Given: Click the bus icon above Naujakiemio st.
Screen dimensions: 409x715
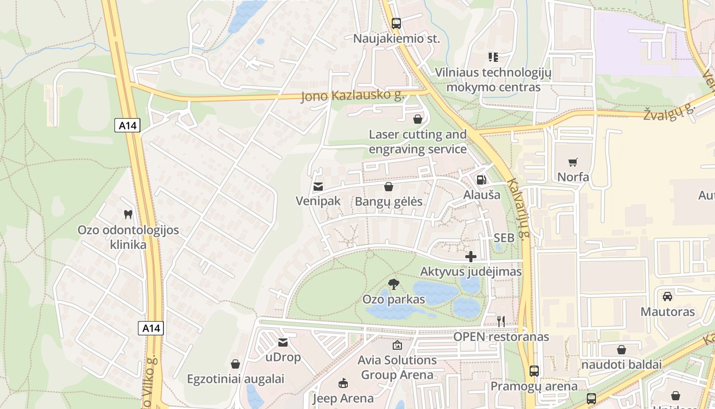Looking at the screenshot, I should click(x=396, y=23).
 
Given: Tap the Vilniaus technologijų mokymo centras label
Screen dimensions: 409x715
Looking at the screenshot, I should click(x=493, y=80).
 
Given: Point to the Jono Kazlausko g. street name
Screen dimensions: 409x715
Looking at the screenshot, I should click(x=352, y=96).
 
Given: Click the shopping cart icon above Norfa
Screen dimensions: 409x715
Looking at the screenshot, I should click(x=573, y=163).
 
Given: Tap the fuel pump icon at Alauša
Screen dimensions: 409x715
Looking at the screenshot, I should click(x=481, y=180).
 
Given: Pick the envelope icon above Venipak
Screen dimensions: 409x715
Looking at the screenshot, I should click(x=318, y=187).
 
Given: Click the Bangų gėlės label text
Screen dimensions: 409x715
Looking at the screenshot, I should click(x=389, y=201).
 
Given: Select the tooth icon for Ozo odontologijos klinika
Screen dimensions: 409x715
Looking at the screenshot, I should click(x=128, y=215).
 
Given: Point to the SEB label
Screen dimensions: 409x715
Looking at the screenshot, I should click(x=504, y=238).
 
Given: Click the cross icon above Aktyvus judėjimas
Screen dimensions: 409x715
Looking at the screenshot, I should click(x=471, y=257).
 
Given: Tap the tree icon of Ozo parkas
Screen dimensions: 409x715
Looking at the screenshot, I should click(x=393, y=284).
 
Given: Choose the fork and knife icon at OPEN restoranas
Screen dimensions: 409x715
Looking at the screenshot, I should click(x=501, y=322).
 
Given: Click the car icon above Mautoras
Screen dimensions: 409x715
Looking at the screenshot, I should click(x=667, y=297).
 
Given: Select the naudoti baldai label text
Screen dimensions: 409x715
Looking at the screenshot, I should click(x=621, y=365).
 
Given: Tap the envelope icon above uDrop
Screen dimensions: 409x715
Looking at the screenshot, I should click(x=283, y=343).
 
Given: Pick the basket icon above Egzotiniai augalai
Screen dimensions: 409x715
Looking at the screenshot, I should click(x=235, y=364).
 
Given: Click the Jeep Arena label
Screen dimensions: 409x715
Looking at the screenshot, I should click(x=343, y=398).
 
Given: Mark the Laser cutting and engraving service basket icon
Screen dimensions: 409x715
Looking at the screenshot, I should click(x=417, y=119).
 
